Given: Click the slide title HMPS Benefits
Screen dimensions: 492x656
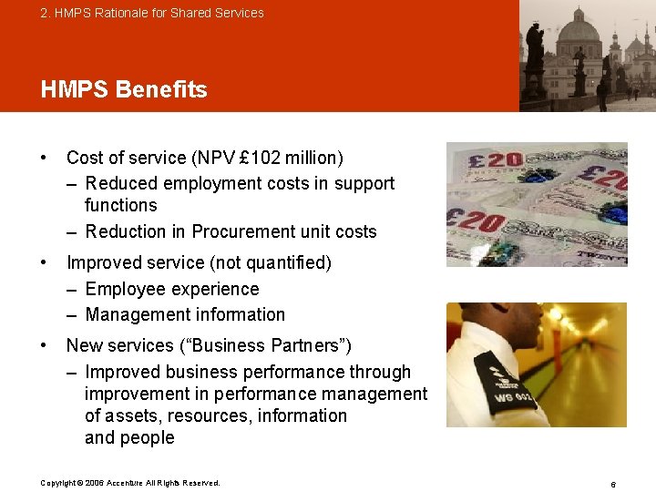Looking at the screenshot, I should click(x=124, y=89).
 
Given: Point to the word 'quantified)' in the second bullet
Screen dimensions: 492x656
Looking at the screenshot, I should click(x=289, y=263).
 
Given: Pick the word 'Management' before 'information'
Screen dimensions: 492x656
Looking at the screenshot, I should click(x=136, y=314).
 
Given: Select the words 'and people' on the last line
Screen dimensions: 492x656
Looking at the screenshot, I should click(x=129, y=437).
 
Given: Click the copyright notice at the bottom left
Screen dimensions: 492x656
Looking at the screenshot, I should click(x=130, y=483).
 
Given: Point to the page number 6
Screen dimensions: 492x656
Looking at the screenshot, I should click(x=613, y=484).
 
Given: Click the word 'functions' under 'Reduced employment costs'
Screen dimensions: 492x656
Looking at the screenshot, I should click(x=120, y=205).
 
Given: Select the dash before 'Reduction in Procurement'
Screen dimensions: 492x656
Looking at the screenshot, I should click(x=72, y=231).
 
